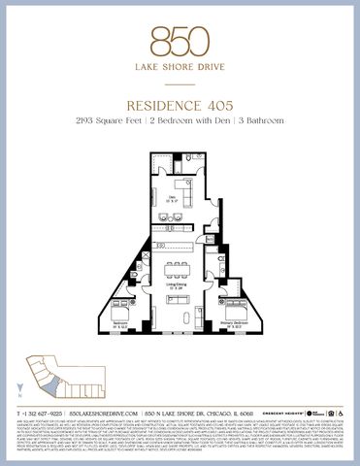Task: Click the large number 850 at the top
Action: (x=180, y=39)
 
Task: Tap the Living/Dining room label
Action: (x=177, y=285)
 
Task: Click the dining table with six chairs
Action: (x=178, y=265)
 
